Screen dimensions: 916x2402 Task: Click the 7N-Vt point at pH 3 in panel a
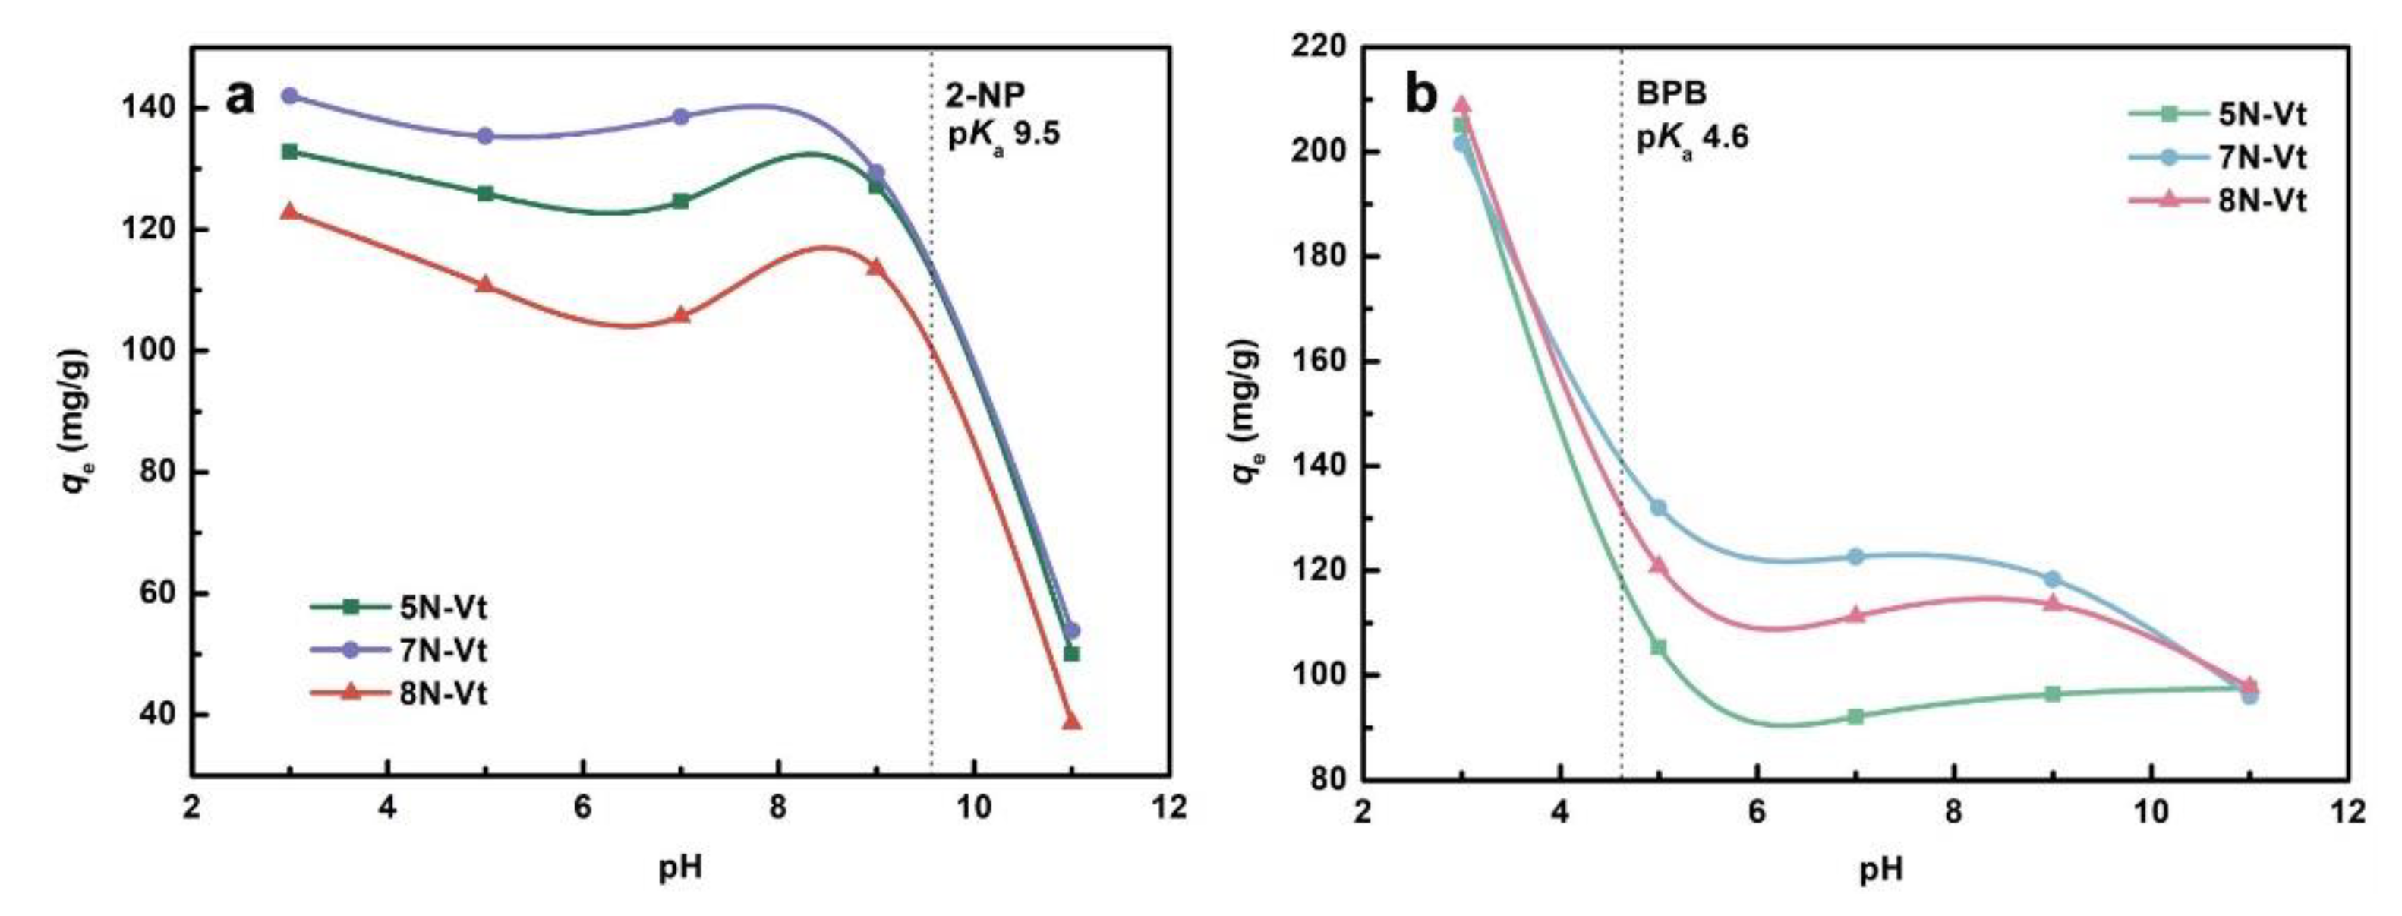coord(290,96)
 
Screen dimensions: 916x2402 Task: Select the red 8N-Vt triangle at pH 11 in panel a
coord(1071,721)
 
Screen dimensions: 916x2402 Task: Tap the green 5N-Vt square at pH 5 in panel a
coord(485,193)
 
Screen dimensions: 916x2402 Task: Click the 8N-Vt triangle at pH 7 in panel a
coord(681,315)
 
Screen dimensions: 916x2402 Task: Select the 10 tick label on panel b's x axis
coord(2150,811)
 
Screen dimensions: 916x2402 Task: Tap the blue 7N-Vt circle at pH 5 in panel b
coord(1658,507)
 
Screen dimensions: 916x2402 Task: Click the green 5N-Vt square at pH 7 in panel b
coord(1855,716)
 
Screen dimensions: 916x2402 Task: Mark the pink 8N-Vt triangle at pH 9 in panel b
coord(2051,602)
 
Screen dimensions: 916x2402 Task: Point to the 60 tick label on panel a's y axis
coord(154,593)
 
